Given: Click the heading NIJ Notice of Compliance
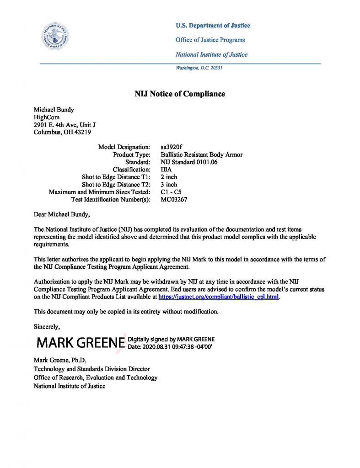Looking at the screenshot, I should pos(180,94).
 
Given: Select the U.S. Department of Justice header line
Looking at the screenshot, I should pos(213,26).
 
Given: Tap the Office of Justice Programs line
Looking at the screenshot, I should pos(210,40).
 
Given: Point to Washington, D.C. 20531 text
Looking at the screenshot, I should pos(199,68).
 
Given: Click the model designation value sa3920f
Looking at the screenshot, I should pos(172,147).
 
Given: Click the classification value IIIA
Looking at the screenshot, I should pos(167,170).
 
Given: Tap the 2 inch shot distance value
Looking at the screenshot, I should pos(169,177).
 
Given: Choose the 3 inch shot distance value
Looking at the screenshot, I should pos(169,185).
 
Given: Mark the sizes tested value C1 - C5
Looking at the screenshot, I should pos(171,192).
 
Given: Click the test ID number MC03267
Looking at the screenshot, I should pos(174,199).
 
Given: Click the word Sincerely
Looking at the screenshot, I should pos(47,326).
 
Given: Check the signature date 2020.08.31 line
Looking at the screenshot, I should pos(170,347).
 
